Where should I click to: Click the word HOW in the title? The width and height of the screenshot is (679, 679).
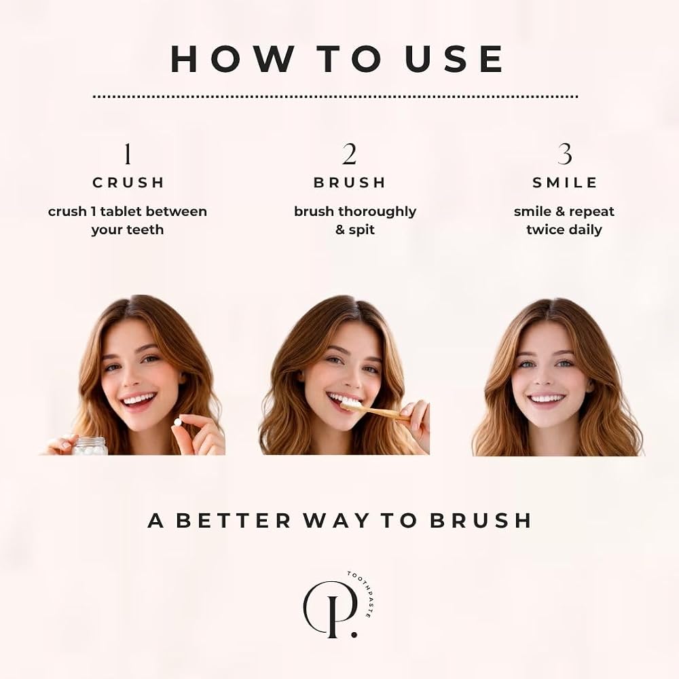point(233,58)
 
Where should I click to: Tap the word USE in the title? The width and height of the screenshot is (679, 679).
point(454,58)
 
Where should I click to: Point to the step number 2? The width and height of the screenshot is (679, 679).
point(349,154)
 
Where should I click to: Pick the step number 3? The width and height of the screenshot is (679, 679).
point(564,154)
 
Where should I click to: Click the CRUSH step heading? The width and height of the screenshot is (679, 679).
point(128,183)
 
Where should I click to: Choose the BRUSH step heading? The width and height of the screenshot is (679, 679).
point(350,183)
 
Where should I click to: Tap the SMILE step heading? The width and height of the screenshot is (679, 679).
point(565,183)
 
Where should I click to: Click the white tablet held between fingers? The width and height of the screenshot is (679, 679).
point(177,422)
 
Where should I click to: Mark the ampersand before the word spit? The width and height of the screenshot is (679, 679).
point(340,230)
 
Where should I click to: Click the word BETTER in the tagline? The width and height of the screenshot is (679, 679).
point(234,521)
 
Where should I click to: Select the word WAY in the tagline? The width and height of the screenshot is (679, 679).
point(336,521)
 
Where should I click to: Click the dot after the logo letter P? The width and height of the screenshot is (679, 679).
point(354,634)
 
